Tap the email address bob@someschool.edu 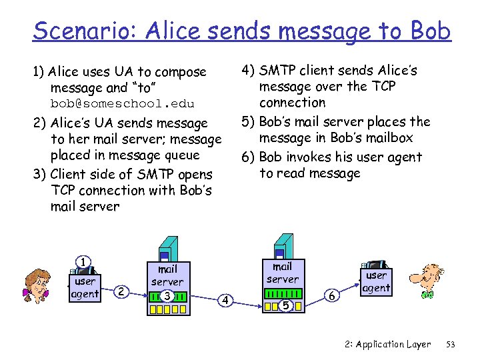pyautogui.click(x=122, y=104)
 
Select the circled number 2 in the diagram pyautogui.click(x=121, y=291)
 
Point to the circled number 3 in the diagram pyautogui.click(x=167, y=295)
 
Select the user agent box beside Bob pyautogui.click(x=376, y=281)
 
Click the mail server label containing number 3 pyautogui.click(x=167, y=275)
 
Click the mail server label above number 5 pyautogui.click(x=283, y=272)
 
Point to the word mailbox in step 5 pyautogui.click(x=387, y=137)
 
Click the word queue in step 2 pyautogui.click(x=185, y=155)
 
